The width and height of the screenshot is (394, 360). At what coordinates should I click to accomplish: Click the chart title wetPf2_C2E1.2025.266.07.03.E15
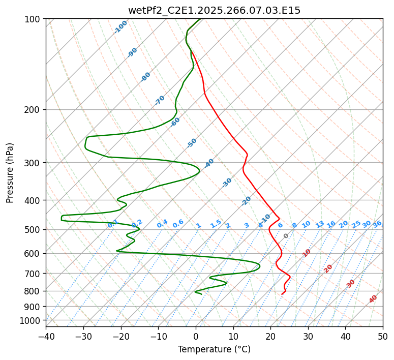click(x=214, y=10)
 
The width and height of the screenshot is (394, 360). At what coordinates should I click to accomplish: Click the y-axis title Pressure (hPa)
click(x=10, y=173)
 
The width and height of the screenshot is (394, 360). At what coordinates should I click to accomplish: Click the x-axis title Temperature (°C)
click(x=214, y=349)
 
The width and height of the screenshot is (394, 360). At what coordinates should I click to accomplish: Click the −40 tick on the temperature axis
click(x=46, y=336)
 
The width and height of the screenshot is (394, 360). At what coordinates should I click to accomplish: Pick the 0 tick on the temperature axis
click(x=196, y=336)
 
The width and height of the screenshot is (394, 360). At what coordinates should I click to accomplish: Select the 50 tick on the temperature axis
click(x=383, y=336)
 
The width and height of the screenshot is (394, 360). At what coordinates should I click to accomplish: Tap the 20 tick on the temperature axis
click(x=270, y=336)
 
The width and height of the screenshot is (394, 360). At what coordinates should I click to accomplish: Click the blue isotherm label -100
click(x=121, y=26)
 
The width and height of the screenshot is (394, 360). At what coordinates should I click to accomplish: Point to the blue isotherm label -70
click(x=160, y=100)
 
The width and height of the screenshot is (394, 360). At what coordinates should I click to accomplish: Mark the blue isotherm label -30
click(x=227, y=183)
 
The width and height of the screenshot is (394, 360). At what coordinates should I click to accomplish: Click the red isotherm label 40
click(x=373, y=299)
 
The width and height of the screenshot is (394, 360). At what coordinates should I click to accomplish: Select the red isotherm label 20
click(x=328, y=268)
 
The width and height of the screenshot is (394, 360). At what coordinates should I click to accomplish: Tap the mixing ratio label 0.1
click(x=113, y=224)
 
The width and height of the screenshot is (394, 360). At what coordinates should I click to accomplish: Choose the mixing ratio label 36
click(x=377, y=224)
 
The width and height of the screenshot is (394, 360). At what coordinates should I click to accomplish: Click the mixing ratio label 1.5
click(x=216, y=224)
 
